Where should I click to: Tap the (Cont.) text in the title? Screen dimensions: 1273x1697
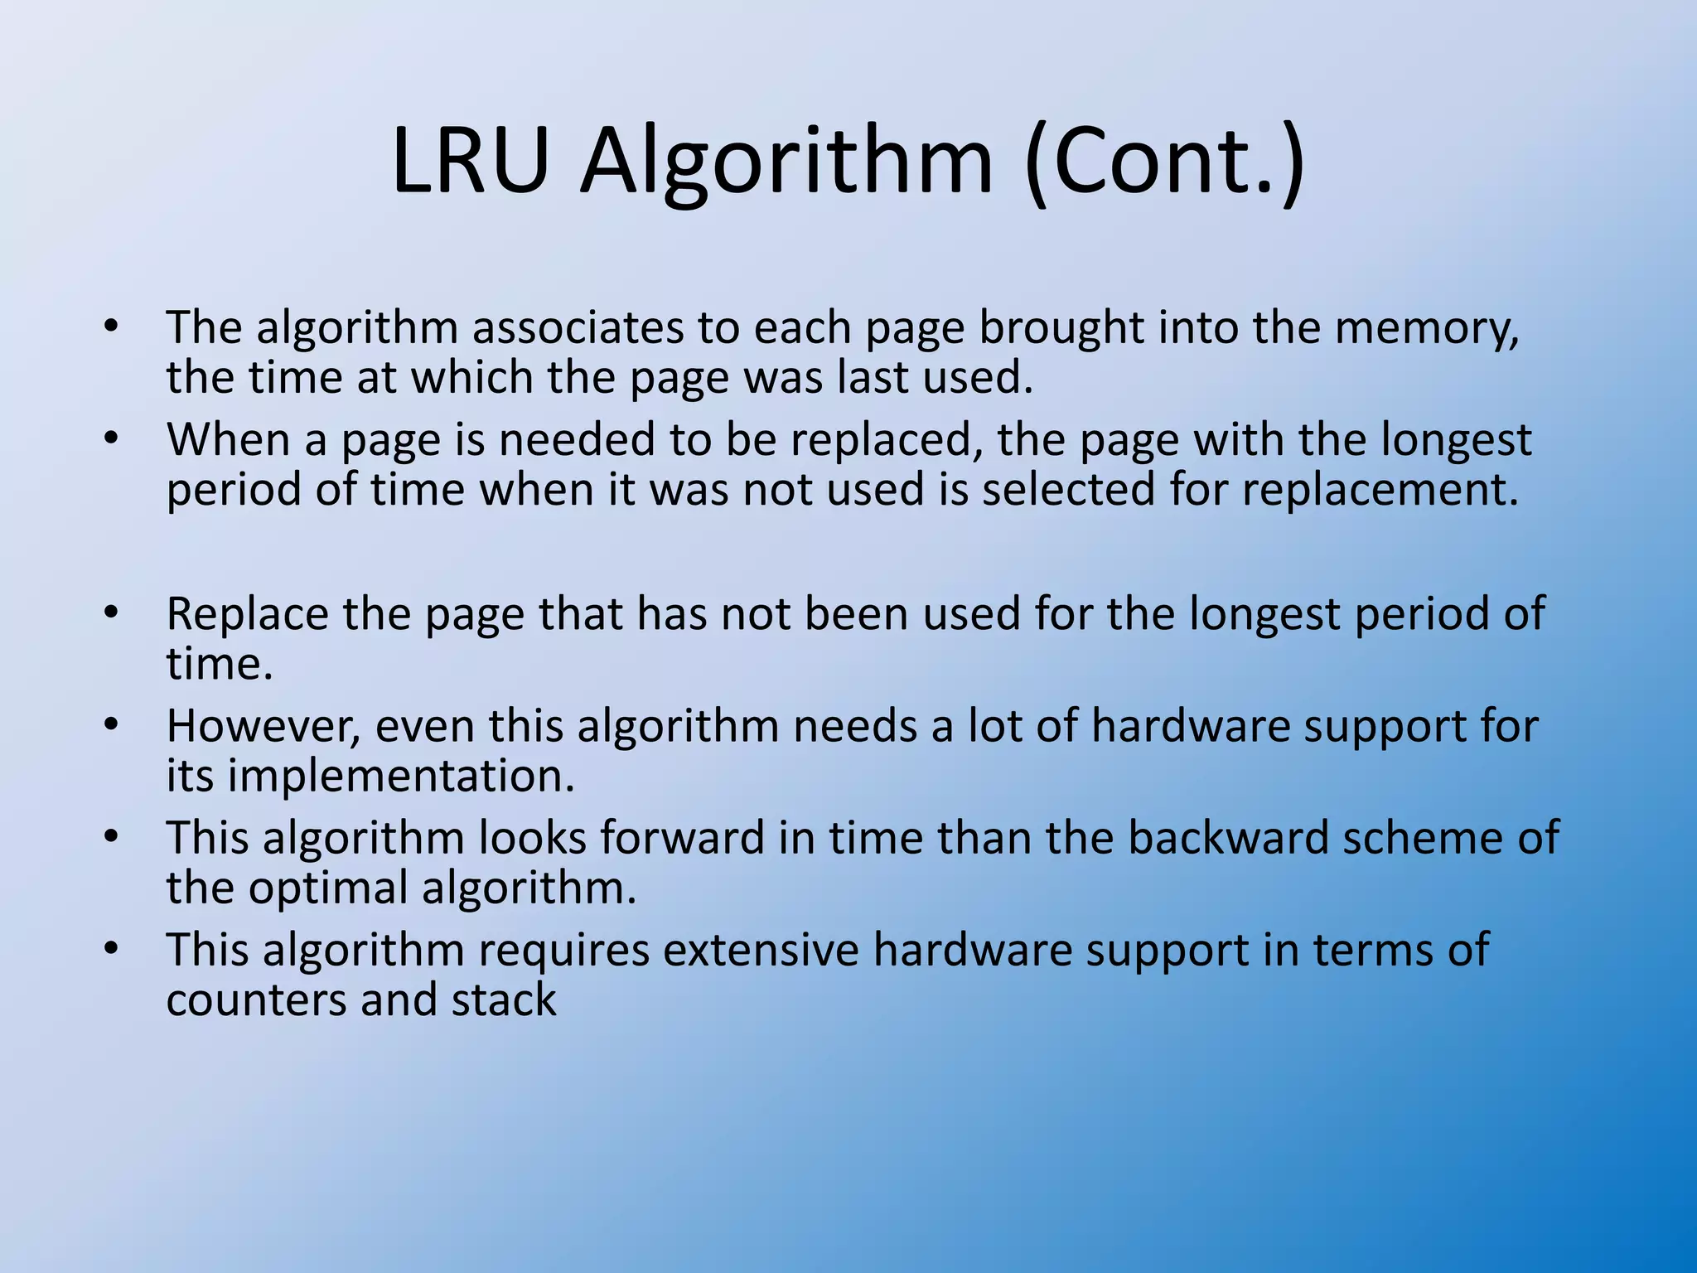tap(1164, 162)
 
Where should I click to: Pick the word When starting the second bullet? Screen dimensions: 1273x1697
tap(228, 439)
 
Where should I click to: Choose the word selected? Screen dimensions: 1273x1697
tap(1068, 489)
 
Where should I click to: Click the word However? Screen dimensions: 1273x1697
tap(263, 727)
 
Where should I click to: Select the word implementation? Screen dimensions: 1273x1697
tap(401, 777)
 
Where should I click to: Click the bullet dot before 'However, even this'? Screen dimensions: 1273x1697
tap(112, 725)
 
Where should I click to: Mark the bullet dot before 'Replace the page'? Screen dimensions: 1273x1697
tap(112, 613)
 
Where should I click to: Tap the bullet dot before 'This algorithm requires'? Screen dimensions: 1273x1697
tap(112, 948)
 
